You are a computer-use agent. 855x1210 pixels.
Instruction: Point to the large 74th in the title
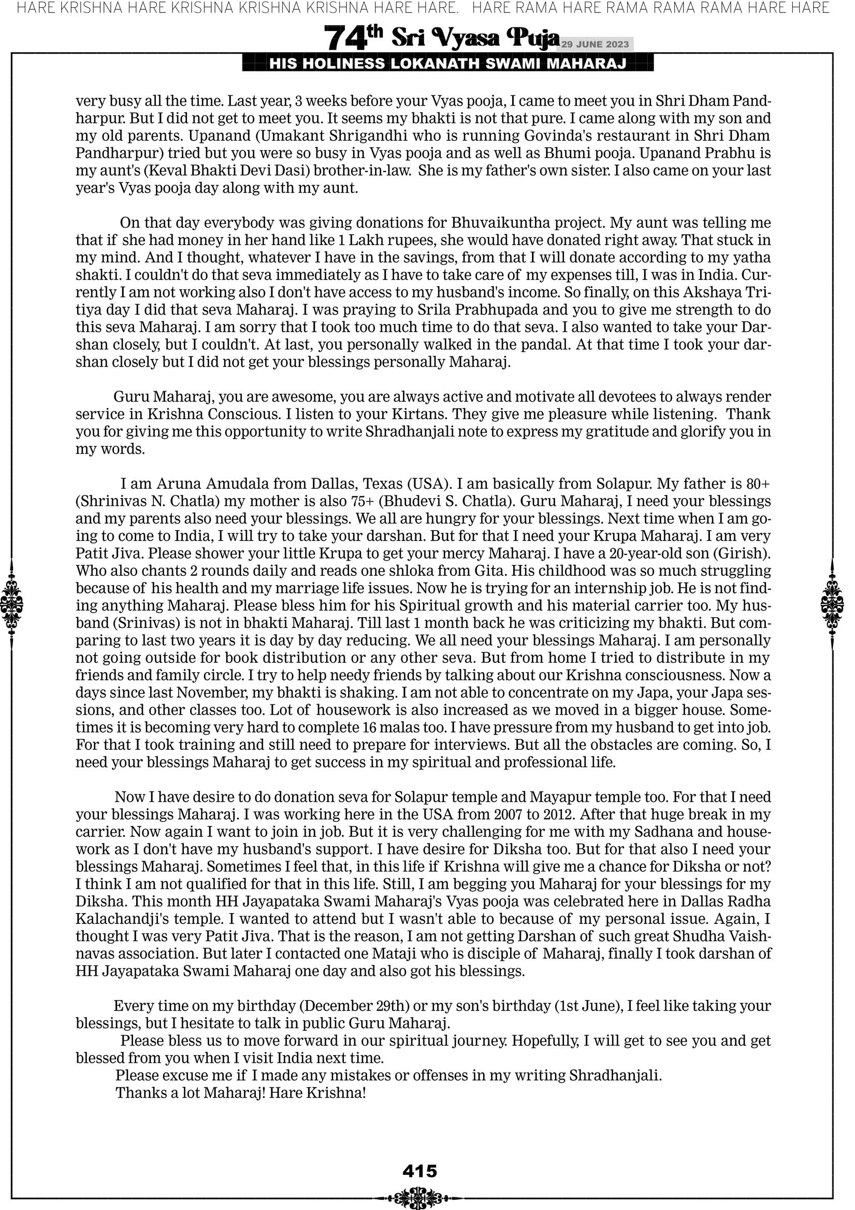pos(353,38)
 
